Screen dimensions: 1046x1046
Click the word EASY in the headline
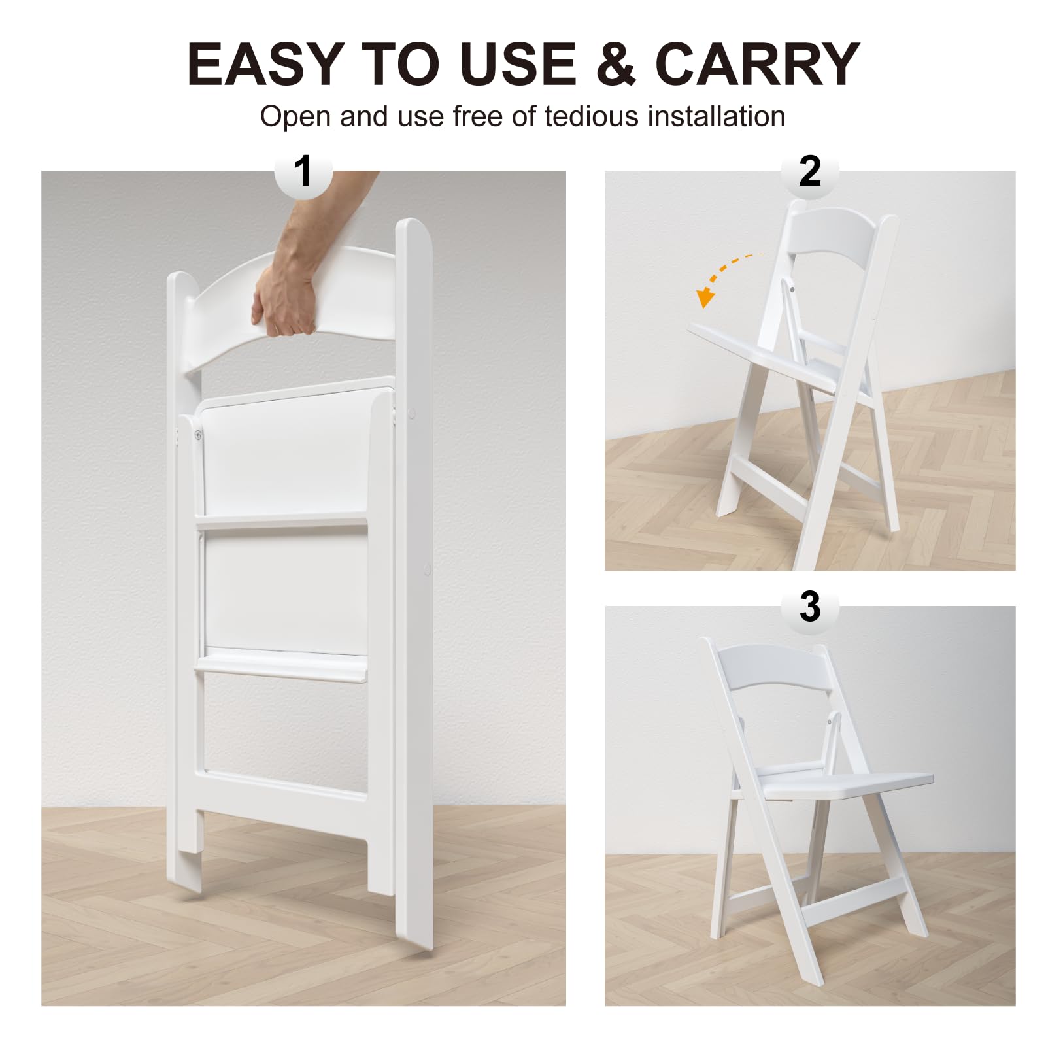click(265, 63)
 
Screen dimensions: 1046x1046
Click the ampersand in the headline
click(616, 63)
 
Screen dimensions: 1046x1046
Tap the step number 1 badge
click(303, 171)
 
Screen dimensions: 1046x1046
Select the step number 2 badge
click(810, 171)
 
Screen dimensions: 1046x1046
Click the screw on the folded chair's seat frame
click(198, 435)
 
